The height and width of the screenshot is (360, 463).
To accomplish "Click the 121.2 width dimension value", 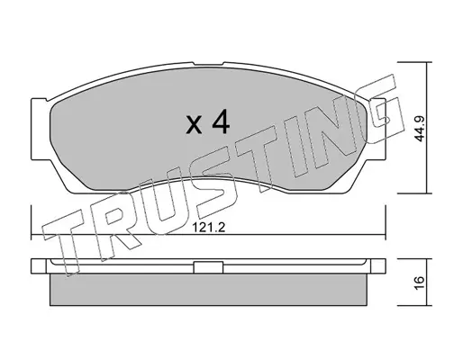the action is click(209, 228).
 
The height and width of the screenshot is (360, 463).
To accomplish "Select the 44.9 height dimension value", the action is click(419, 129).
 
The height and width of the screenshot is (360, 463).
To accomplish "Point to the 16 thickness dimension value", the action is click(419, 283).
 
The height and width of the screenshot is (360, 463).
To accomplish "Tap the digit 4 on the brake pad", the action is click(221, 121).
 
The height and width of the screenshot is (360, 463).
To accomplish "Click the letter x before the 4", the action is click(194, 126).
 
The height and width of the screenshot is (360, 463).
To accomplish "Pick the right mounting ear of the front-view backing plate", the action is click(376, 129).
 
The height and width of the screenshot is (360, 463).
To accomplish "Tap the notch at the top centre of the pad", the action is click(208, 64).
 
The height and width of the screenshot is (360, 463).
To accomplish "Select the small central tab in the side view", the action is click(208, 267).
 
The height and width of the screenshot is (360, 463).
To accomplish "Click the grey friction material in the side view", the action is click(208, 290).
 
